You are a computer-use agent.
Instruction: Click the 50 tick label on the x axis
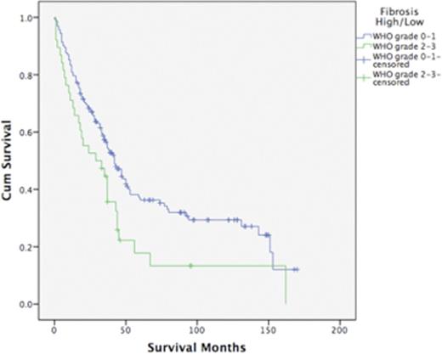tap(126, 329)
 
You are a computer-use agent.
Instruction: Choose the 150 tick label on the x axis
tap(269, 329)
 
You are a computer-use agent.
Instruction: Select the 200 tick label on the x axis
tap(340, 329)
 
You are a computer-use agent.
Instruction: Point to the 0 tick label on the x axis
tap(54, 329)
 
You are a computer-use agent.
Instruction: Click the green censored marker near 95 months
tap(190, 266)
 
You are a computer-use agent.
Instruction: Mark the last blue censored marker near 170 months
tap(296, 269)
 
